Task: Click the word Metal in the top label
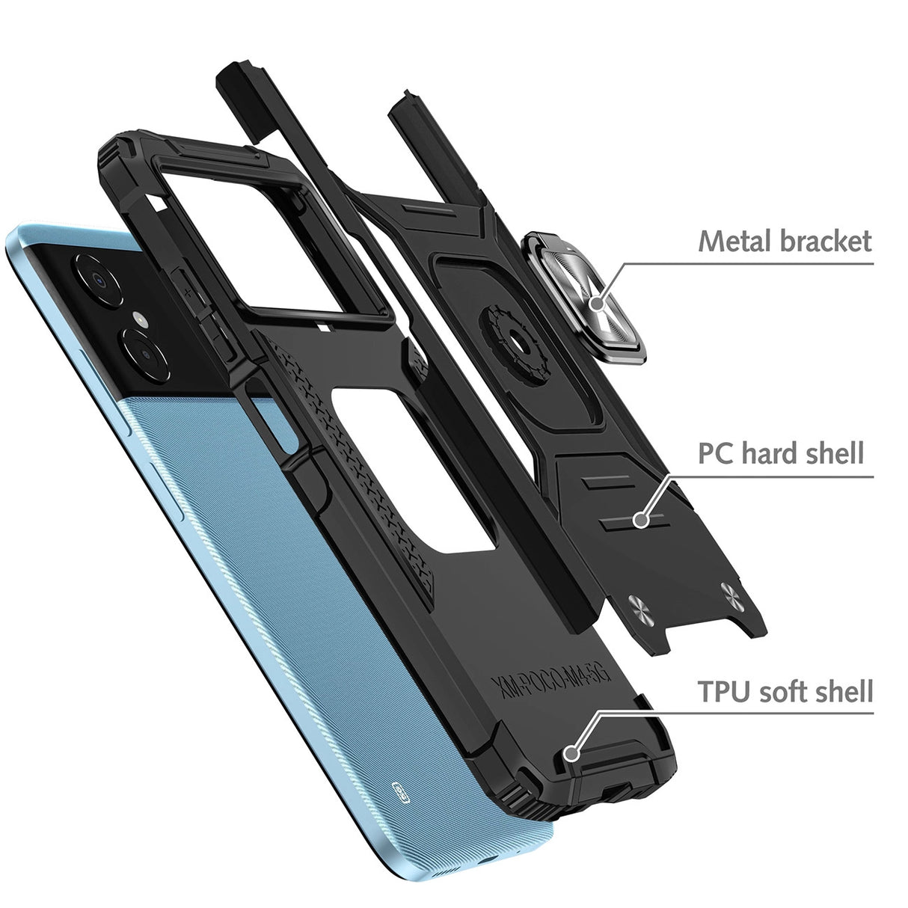(x=731, y=242)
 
